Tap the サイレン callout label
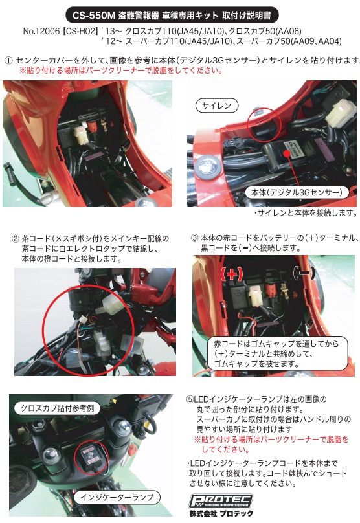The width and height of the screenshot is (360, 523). (x=216, y=106)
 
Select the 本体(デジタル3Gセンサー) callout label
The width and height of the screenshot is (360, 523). (x=297, y=192)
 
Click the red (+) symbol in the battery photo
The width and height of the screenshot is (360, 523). (x=232, y=274)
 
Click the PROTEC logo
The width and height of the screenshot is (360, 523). (x=221, y=501)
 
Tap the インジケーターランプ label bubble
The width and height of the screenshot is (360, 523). (x=117, y=497)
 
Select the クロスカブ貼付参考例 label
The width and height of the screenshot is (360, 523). (x=58, y=408)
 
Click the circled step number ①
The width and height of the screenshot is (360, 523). (x=8, y=60)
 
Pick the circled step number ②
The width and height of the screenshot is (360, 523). (x=16, y=239)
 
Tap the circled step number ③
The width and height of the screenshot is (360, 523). (x=194, y=238)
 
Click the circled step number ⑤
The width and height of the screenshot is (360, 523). (x=190, y=399)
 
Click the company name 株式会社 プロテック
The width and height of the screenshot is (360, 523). (x=221, y=514)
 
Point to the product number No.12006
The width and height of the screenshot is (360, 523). (x=41, y=31)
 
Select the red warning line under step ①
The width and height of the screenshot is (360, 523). (x=121, y=71)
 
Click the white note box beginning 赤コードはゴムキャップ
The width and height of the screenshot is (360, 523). (x=277, y=353)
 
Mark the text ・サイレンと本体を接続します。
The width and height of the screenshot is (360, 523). (x=306, y=213)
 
